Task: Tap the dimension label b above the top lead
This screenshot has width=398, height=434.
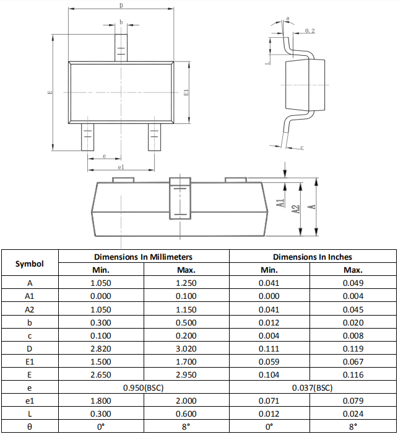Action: (x=121, y=22)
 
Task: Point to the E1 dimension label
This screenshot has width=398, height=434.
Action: (x=186, y=92)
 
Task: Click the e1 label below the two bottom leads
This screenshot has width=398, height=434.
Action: (x=121, y=167)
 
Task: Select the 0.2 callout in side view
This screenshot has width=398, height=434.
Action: (x=309, y=30)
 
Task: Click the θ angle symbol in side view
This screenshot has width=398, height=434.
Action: (x=288, y=19)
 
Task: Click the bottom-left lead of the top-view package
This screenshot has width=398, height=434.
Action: (x=87, y=136)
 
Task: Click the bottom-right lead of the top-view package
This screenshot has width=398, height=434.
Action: (x=154, y=136)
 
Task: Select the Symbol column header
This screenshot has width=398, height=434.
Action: (x=30, y=263)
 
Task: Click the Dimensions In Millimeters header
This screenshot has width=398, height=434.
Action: (x=143, y=257)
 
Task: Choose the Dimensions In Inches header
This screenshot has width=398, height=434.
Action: (x=312, y=257)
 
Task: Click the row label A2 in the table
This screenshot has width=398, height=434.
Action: (x=30, y=309)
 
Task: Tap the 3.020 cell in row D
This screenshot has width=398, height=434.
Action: (x=186, y=348)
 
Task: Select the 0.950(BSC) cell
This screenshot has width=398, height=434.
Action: (x=143, y=387)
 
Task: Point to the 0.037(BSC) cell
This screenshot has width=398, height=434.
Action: (x=312, y=387)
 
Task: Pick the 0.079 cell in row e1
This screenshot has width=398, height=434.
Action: (x=353, y=401)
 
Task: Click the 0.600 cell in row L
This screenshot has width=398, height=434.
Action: (x=186, y=414)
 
